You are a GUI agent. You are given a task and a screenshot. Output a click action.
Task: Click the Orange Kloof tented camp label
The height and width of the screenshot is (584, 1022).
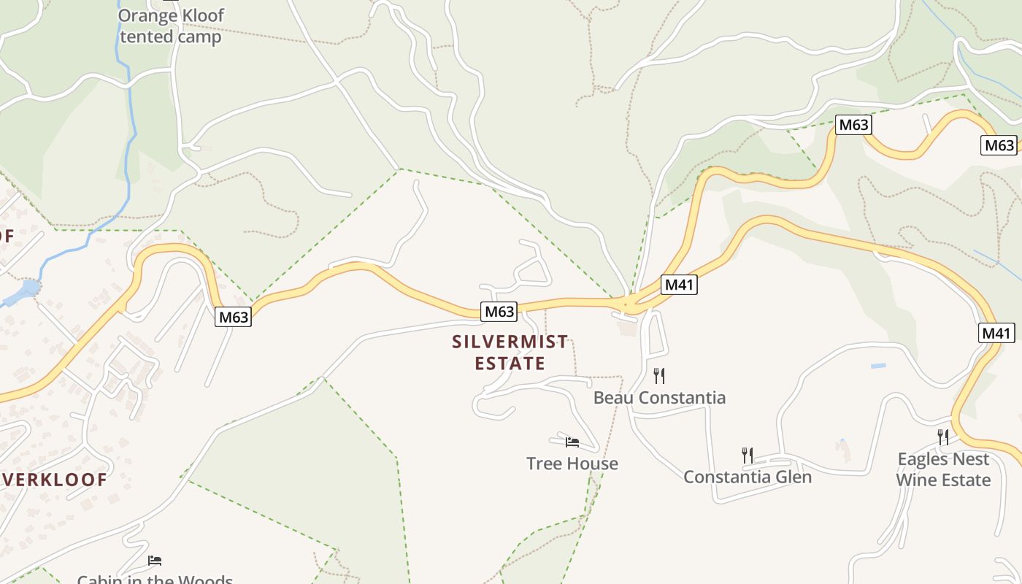point(171,26)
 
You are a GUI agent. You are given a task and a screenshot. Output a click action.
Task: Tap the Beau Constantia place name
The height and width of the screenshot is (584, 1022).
point(659,398)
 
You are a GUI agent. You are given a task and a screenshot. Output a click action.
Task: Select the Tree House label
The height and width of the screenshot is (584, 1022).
point(572,464)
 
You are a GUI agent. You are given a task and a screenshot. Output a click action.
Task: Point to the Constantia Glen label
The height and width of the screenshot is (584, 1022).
point(748,477)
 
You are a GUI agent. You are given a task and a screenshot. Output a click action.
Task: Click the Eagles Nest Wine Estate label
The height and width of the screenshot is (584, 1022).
point(943,469)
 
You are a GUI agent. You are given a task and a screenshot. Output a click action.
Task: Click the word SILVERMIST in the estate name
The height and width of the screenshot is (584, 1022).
point(510,342)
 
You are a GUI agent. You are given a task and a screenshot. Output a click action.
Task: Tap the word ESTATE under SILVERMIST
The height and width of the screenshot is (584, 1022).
point(510,364)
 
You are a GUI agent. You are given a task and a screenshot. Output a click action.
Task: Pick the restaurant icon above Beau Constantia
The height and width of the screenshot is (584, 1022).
point(659,376)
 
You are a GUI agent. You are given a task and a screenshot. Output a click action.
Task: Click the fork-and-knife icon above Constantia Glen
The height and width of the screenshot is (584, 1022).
point(748,456)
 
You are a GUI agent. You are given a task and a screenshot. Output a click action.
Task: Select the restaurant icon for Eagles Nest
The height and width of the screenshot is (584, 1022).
point(943,437)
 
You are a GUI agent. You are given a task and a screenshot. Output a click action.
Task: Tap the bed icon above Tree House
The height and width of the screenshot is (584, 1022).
point(572,442)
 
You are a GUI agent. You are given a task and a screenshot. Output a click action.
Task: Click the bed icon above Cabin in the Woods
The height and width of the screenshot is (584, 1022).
point(155,561)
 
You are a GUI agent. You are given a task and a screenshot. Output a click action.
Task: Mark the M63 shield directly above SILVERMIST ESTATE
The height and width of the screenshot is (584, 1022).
point(500,312)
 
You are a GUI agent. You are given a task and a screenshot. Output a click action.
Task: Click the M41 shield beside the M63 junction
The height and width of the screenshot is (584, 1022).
point(679,285)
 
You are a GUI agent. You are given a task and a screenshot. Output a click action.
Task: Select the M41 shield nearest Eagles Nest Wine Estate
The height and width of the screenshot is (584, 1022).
point(996,334)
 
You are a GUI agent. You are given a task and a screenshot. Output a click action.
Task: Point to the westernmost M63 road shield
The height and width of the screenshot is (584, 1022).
point(234,317)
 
